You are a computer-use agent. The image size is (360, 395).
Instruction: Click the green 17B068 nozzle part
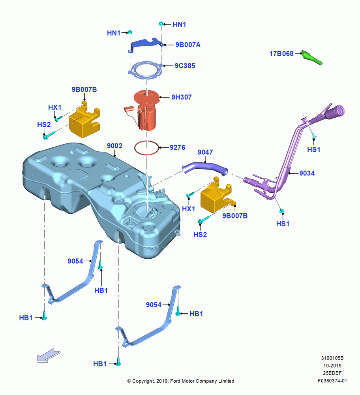tap(312, 57)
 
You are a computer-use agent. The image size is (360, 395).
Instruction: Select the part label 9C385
tap(185, 66)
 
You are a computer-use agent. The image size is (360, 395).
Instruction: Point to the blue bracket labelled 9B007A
tap(146, 45)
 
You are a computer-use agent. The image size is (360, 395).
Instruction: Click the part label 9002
tap(114, 146)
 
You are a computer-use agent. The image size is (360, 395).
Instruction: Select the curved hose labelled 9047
tap(205, 167)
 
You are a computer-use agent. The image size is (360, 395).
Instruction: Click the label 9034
tap(307, 173)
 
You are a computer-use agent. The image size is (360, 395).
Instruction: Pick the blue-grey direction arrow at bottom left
tap(49, 355)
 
